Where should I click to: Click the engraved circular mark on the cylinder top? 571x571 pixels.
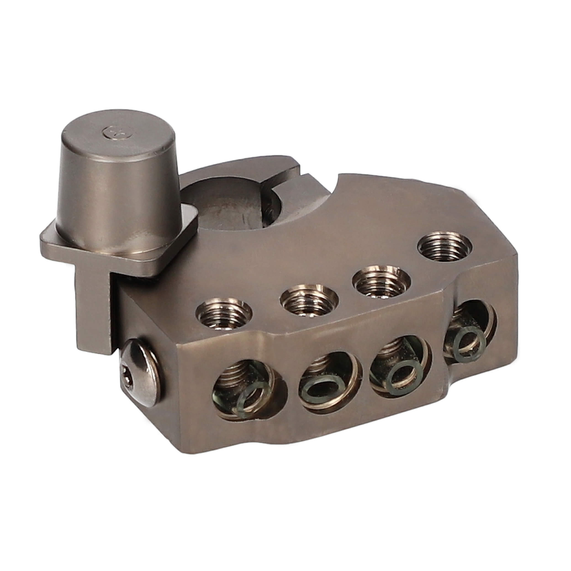112,131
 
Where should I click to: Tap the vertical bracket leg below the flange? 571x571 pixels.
95,310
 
